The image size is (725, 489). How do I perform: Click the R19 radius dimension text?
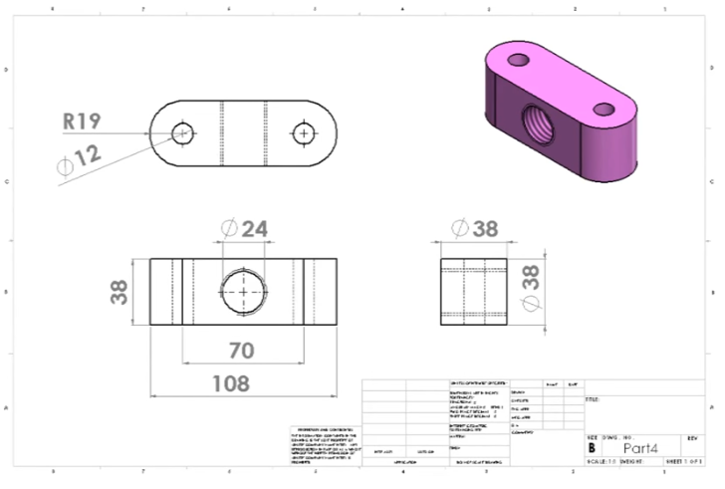click(82, 122)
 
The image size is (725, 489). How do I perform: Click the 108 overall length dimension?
click(230, 382)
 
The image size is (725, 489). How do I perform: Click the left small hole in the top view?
click(182, 132)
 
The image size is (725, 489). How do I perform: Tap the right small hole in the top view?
click(303, 132)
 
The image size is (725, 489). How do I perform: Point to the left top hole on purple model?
click(517, 60)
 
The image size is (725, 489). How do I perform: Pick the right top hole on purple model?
click(603, 110)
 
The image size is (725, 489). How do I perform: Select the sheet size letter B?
click(592, 448)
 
